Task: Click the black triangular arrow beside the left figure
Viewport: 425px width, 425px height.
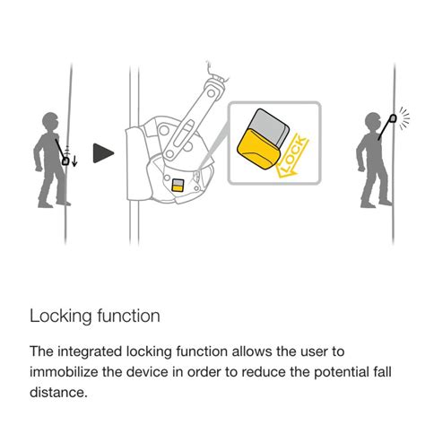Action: [105, 154]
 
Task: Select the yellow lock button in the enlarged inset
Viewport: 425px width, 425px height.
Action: [259, 148]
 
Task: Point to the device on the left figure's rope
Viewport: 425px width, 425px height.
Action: [67, 160]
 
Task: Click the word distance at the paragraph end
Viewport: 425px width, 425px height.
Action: [59, 392]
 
